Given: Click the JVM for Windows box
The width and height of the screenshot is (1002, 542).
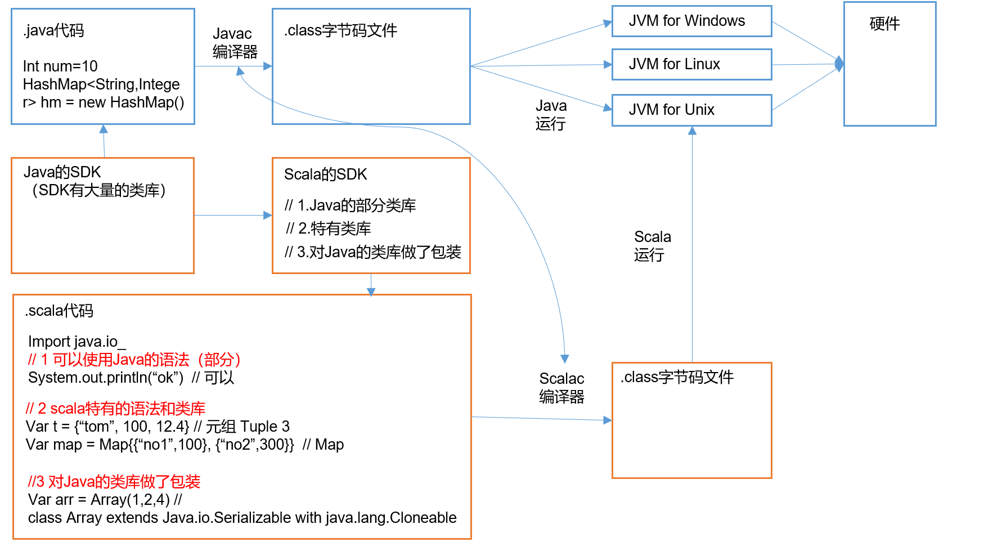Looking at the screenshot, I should coord(691,21).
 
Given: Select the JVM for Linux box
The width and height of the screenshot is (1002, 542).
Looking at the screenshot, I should coord(691,65).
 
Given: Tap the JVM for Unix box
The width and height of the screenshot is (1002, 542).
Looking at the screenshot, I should coord(691,110).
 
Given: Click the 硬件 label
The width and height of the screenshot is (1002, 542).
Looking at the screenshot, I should coord(884,24).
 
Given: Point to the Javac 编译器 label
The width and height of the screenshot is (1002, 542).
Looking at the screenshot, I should coord(234,43).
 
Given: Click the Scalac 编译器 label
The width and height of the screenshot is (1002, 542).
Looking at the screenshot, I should coord(561,388).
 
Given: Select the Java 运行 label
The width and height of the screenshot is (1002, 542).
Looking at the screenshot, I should coord(551,115).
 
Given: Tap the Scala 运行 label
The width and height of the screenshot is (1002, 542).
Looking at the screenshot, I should coord(652,246).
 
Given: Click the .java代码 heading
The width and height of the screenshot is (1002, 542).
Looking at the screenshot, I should coord(53,30).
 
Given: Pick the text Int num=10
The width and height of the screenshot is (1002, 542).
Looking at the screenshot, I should coord(60,66).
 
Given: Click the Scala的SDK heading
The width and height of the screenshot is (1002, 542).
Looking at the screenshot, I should coord(325,174).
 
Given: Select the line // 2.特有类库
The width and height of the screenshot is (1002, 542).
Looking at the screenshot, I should coord(329,229).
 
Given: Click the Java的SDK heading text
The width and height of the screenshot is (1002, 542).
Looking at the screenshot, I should coord(62,172).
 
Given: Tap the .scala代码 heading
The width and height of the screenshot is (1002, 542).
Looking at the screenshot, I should coord(59,311).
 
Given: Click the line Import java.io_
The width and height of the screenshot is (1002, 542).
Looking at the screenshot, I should coord(77,342).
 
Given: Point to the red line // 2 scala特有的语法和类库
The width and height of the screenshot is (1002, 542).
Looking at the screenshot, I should coord(115,409).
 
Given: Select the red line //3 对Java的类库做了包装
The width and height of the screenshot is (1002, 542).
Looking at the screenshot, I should coord(114,482).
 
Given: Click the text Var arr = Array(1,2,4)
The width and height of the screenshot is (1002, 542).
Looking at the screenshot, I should coord(99,500).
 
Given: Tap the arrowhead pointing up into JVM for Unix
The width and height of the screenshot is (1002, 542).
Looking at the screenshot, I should coord(692,131).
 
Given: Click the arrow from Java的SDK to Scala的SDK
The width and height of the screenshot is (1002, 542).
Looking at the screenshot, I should coord(233,215).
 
